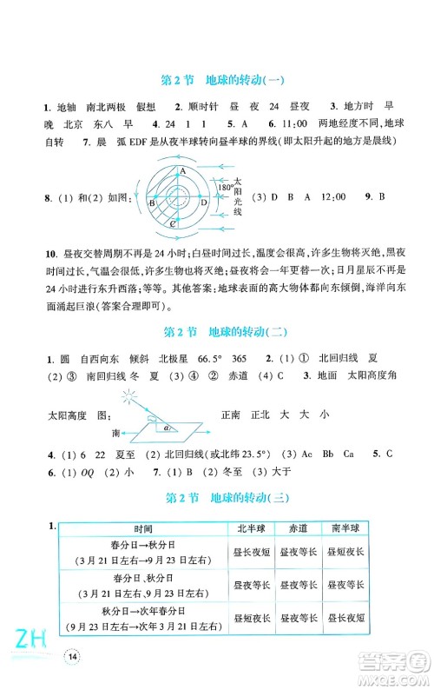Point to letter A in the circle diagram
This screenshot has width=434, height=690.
coord(184,172)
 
